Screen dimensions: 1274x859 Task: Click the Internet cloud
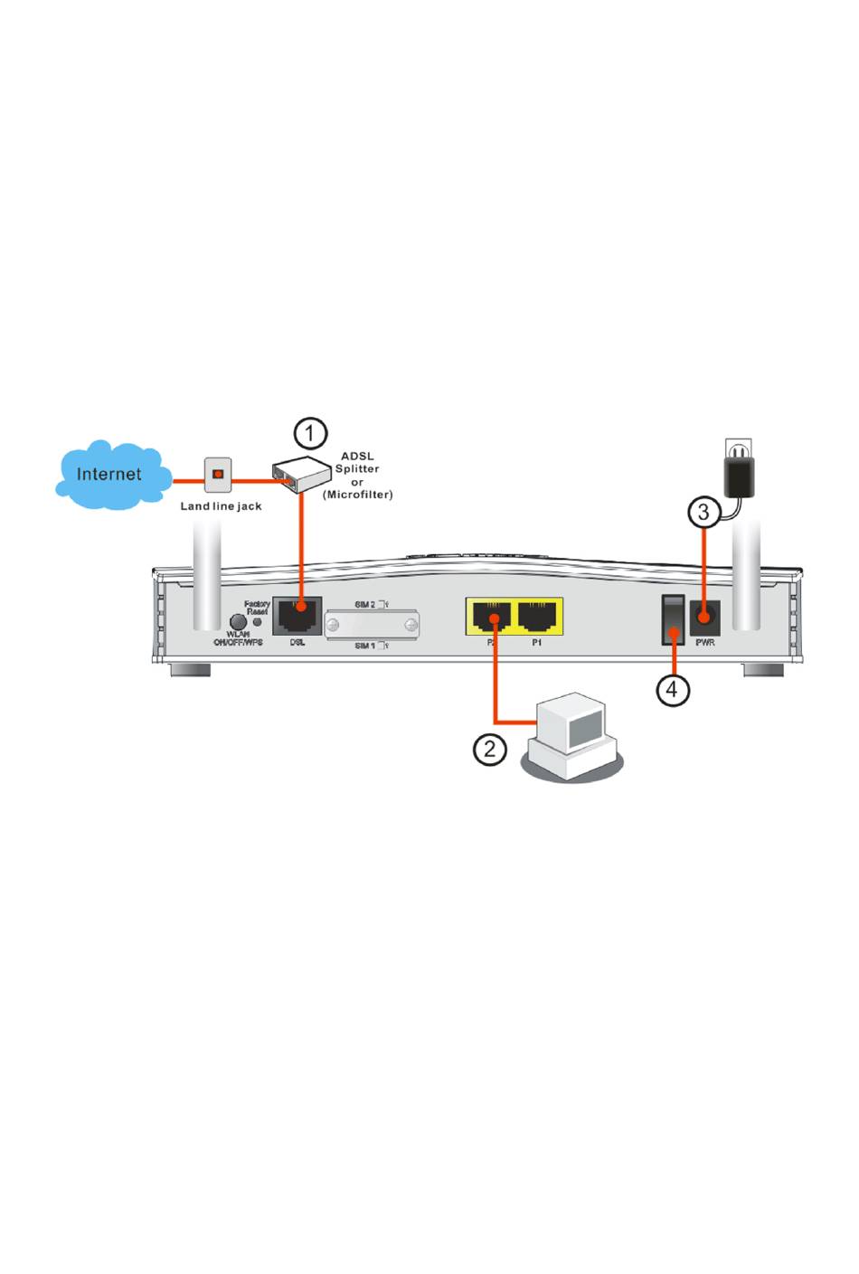pos(110,475)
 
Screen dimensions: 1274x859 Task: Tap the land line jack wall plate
pos(218,474)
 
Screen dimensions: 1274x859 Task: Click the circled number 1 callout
pos(310,433)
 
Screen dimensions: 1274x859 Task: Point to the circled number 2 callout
pos(490,749)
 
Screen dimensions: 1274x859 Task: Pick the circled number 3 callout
pos(704,513)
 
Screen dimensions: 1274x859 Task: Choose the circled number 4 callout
pos(672,690)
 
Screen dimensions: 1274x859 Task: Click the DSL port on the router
pos(297,617)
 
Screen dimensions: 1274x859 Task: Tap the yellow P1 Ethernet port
pos(538,617)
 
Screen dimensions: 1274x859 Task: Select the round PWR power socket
pos(704,618)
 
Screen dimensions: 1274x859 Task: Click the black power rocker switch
pos(672,619)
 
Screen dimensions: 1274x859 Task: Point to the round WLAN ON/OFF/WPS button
pos(238,622)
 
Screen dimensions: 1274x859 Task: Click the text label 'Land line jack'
pos(221,506)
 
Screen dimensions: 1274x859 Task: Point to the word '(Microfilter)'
pos(358,495)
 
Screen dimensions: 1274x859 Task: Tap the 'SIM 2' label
pos(365,603)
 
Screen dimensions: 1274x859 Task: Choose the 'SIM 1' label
pos(365,646)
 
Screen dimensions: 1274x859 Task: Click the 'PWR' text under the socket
pos(705,643)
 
